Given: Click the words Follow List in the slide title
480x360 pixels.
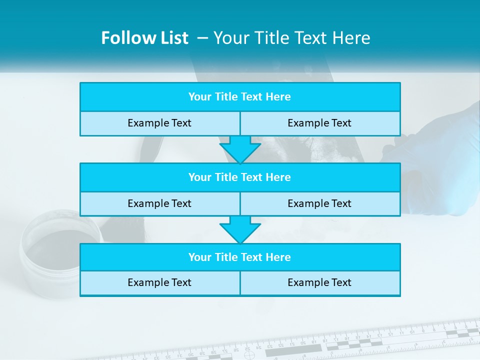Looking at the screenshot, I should tap(144, 38).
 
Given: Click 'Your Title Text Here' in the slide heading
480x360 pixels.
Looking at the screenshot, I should tap(291, 38).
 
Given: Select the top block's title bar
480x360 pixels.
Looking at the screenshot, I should tap(240, 97).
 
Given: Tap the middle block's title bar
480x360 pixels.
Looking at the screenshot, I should tap(240, 177).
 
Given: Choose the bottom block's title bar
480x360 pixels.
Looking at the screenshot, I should tap(240, 257).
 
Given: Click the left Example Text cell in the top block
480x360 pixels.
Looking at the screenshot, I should tap(159, 123).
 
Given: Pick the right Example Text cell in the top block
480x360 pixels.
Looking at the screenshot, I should tap(319, 123).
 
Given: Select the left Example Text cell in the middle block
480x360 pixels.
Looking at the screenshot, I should tap(159, 203).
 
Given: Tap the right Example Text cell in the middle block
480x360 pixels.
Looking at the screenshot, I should tap(319, 203).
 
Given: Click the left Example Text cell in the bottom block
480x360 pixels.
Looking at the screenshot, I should tap(159, 282).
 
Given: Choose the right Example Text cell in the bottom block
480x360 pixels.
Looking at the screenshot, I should tap(319, 282).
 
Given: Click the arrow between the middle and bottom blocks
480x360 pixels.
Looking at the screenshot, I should tap(240, 229).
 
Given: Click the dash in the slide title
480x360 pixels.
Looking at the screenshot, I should tap(202, 38).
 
